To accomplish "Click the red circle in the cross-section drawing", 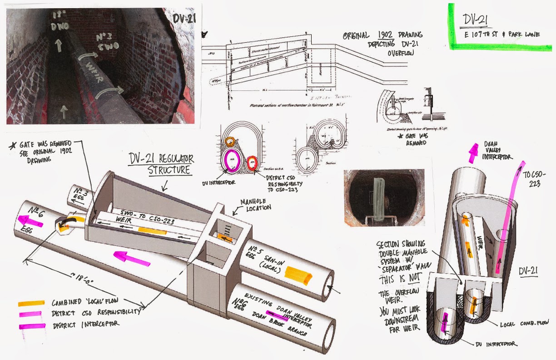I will tap(253, 162).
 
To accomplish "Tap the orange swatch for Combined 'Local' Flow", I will tap(31, 303).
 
